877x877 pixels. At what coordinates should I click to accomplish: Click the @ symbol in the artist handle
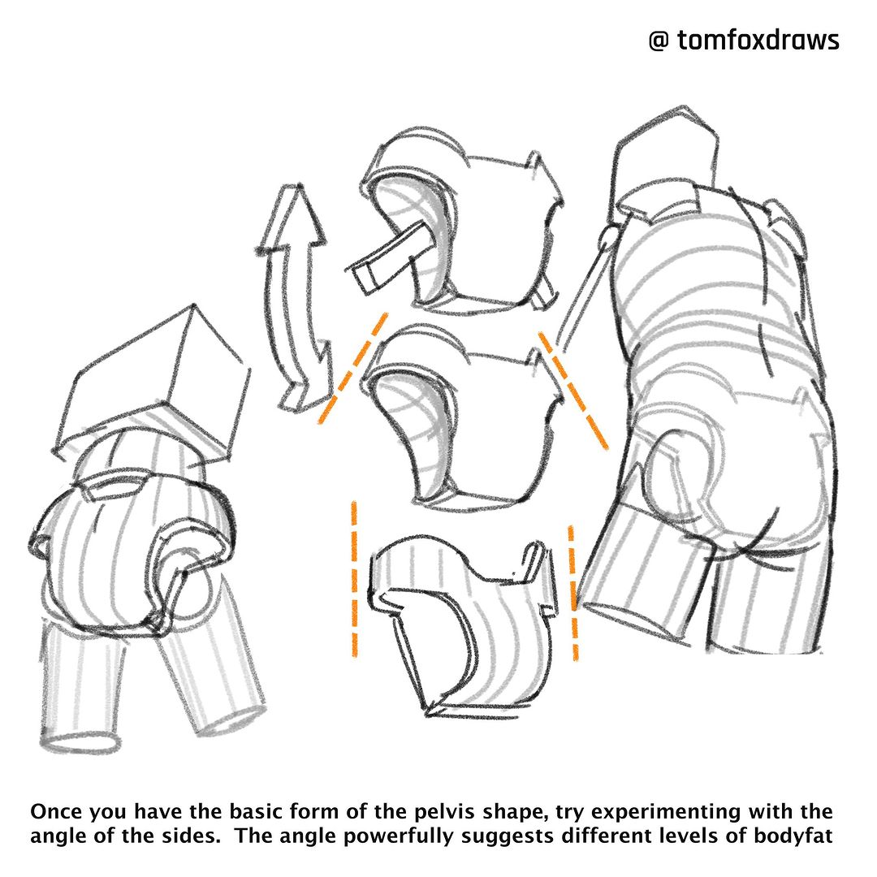click(659, 41)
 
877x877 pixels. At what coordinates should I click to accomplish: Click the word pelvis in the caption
click(445, 811)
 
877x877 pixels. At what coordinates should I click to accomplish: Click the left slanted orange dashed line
click(353, 368)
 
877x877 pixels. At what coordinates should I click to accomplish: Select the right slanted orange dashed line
click(573, 390)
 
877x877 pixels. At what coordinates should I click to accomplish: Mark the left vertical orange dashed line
click(354, 579)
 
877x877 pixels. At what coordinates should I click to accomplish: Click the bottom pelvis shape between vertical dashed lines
click(464, 626)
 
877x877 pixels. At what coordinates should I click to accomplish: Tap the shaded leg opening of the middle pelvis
click(417, 425)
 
